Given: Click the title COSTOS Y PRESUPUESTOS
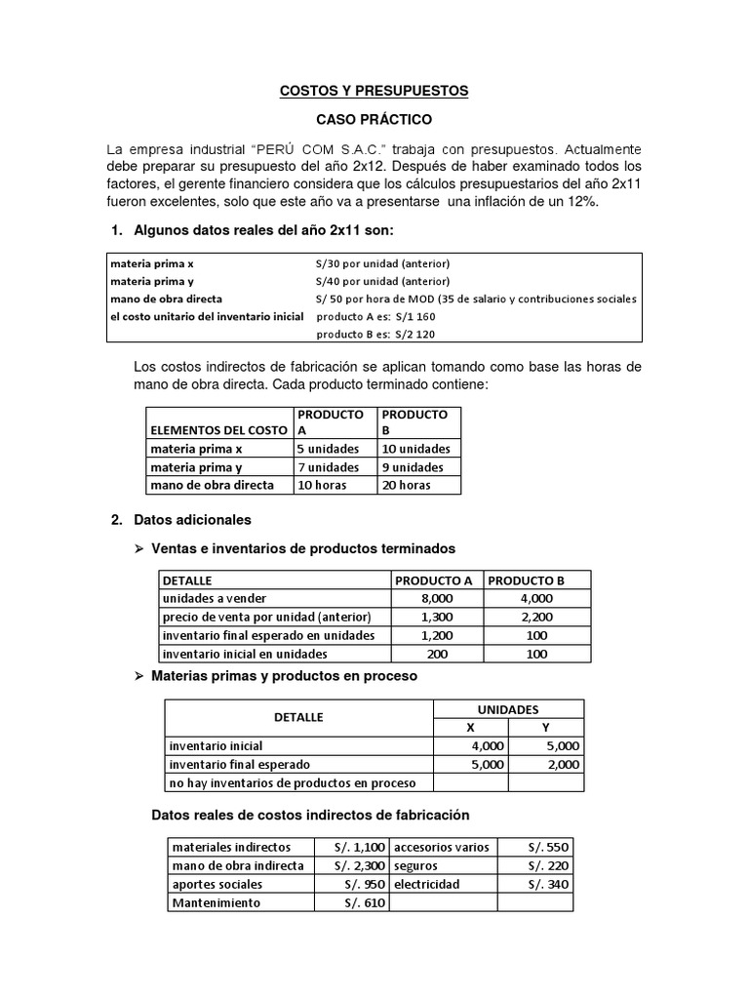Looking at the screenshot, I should click(x=374, y=91).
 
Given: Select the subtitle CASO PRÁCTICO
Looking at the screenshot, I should click(x=374, y=119).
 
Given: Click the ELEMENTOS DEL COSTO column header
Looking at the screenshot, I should click(x=217, y=430).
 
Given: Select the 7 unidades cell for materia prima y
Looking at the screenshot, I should click(x=328, y=467).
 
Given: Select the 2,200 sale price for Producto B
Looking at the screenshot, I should click(x=537, y=617).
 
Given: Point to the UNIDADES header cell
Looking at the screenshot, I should click(x=507, y=709).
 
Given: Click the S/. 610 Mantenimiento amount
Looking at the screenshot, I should click(x=365, y=902).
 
